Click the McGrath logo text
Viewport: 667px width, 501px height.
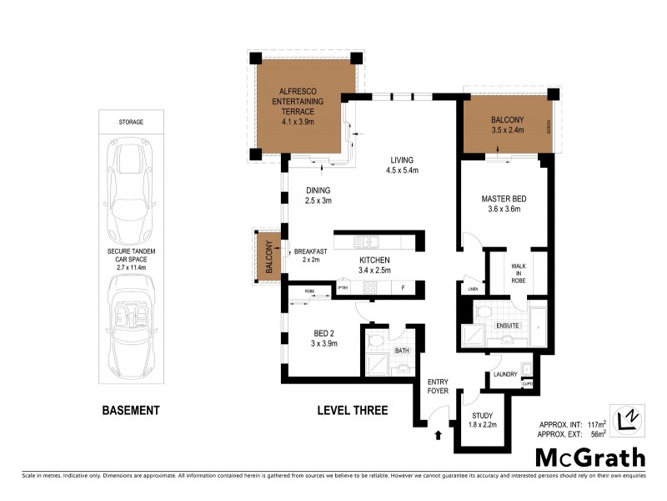coord(589,457)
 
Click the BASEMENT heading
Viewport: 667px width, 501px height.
coord(130,411)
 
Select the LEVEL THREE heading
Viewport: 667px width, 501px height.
coord(351,411)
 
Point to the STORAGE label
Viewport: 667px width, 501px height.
coord(130,122)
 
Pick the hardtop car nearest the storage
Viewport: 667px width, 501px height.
coord(130,180)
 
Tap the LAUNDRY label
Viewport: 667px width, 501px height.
coord(506,374)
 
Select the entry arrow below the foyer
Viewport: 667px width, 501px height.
coord(438,434)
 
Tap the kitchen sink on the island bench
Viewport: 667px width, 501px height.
coord(368,242)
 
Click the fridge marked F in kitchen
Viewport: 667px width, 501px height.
coord(403,289)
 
